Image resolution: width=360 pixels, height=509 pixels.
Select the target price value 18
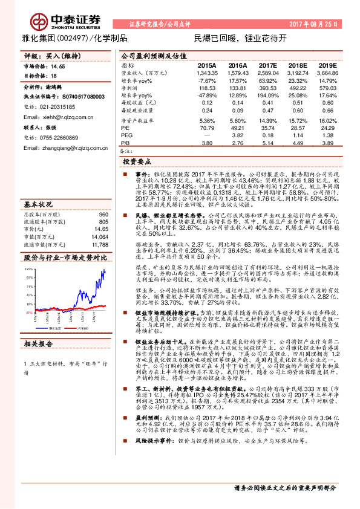click(54, 76)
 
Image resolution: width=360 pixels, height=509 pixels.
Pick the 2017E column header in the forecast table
click(267, 65)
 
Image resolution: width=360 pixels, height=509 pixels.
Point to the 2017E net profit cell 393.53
click(267, 88)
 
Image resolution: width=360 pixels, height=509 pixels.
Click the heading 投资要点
click(136, 163)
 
